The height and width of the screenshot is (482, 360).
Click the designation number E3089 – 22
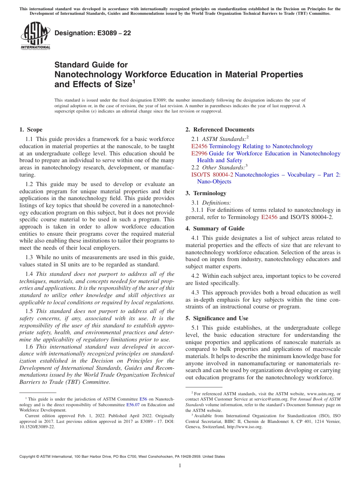112,33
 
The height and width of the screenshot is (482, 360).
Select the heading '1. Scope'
31,130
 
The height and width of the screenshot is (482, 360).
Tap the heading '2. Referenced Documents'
220,130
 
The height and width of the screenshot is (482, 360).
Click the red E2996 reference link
199,153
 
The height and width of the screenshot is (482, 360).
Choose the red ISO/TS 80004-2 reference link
212,175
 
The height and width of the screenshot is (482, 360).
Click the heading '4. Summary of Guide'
215,228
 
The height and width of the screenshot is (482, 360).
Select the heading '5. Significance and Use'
217,318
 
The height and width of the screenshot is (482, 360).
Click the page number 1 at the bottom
180,466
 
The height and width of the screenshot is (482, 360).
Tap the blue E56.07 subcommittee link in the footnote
133,405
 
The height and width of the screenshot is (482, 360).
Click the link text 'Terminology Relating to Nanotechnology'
261,146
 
